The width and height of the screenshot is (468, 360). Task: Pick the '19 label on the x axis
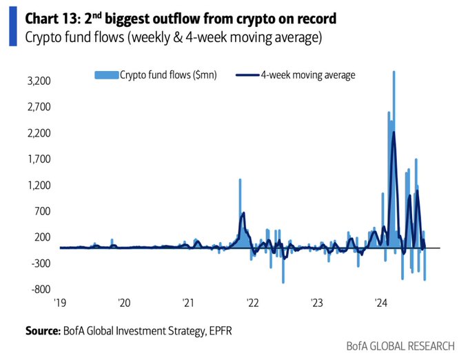[61, 302]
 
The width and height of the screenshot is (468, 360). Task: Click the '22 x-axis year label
[252, 302]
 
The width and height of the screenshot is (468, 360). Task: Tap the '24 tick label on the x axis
[380, 302]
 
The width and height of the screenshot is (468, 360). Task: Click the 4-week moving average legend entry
[308, 75]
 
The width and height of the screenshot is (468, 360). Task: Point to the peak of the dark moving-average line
[394, 132]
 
